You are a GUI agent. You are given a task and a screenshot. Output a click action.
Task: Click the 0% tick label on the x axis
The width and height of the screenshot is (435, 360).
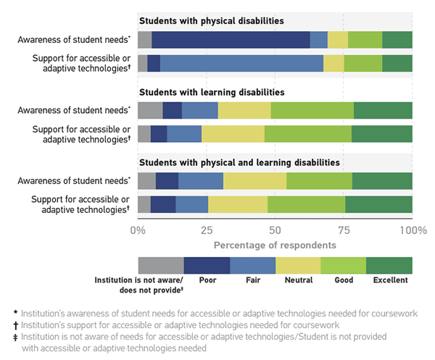tap(138, 230)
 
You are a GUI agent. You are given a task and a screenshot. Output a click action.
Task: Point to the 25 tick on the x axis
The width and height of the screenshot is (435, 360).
tap(206, 230)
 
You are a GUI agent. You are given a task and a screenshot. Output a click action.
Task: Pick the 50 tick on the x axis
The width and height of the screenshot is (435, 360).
tap(275, 230)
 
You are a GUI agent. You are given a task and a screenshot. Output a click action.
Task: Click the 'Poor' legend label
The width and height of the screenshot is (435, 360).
tap(207, 280)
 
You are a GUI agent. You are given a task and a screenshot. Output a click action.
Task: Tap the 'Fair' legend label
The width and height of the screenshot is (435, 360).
tap(253, 280)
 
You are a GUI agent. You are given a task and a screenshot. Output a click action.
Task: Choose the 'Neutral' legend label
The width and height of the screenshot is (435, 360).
tap(298, 280)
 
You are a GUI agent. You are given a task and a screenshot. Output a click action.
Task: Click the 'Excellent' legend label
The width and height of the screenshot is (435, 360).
tap(390, 280)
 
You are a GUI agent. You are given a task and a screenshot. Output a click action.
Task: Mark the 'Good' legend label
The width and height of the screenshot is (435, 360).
tap(344, 280)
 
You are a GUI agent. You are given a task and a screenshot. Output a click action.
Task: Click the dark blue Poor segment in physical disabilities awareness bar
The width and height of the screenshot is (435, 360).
tap(231, 40)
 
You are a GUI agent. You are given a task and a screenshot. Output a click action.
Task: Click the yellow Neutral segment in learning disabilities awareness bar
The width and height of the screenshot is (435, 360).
tap(244, 110)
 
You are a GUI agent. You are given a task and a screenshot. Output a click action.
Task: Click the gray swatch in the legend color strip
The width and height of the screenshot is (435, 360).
tap(161, 265)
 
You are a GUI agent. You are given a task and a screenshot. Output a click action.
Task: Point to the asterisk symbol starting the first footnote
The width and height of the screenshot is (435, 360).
tap(15, 313)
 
